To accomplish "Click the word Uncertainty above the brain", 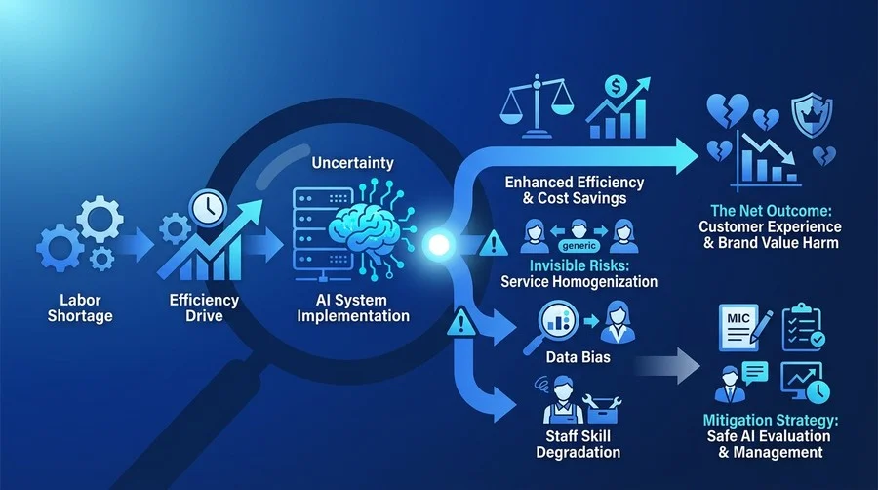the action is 353,163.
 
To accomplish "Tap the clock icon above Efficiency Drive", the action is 208,208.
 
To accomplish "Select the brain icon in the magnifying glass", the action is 364,228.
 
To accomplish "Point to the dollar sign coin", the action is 616,87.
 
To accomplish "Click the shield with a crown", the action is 812,116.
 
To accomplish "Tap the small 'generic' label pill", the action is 579,246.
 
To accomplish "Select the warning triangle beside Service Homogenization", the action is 493,243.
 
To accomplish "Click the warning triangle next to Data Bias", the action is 461,322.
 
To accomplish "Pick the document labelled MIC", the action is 739,327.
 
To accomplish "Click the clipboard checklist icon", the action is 803,327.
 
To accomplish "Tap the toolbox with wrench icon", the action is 602,408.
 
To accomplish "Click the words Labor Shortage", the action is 80,308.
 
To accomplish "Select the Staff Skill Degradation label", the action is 578,444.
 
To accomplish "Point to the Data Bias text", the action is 578,356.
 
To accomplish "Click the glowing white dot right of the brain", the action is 438,245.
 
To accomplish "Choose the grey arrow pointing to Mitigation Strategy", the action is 667,366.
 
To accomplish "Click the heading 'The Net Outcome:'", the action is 771,211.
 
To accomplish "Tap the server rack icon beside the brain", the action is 321,234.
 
